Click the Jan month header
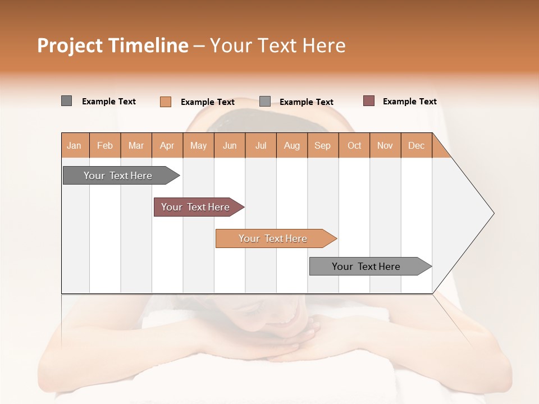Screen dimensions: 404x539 click(x=75, y=145)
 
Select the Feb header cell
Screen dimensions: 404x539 click(x=105, y=145)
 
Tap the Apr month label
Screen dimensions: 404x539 click(x=167, y=145)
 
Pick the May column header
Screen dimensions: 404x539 click(x=198, y=145)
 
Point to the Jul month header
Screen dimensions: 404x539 click(x=261, y=145)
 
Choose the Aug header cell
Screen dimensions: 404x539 click(x=291, y=145)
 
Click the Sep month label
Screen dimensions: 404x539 click(x=322, y=145)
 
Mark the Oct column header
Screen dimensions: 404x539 click(x=354, y=145)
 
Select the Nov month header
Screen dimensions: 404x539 click(x=385, y=145)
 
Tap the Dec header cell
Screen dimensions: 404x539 click(x=416, y=145)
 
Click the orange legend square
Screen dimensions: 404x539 click(x=166, y=102)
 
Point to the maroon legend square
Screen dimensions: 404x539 click(x=369, y=101)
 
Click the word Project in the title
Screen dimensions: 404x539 click(x=70, y=45)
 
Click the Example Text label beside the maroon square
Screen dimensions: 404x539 click(x=409, y=102)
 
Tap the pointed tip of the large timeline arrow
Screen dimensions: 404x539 click(x=492, y=213)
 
